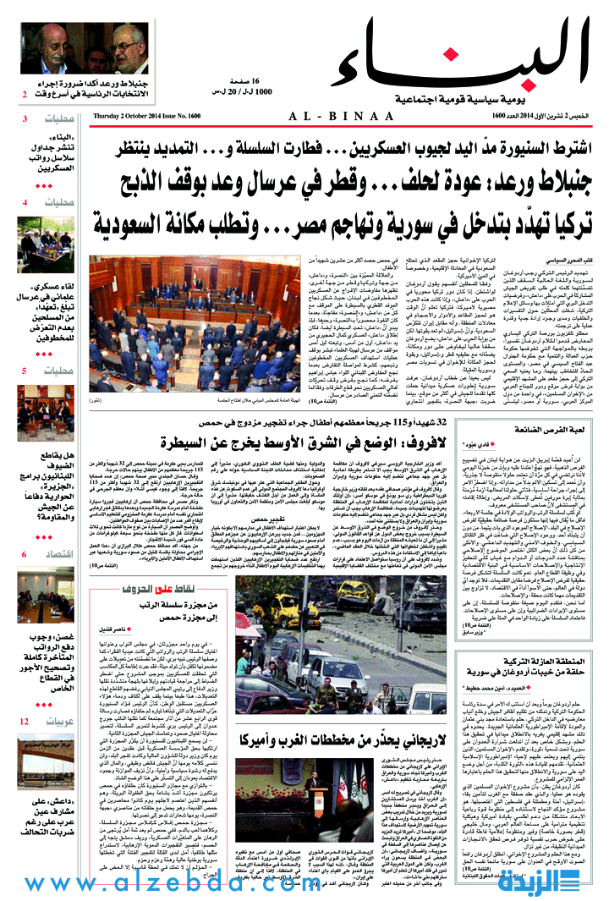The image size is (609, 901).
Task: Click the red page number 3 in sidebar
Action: pyautogui.click(x=25, y=118)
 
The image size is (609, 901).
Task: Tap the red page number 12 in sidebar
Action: pyautogui.click(x=25, y=722)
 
